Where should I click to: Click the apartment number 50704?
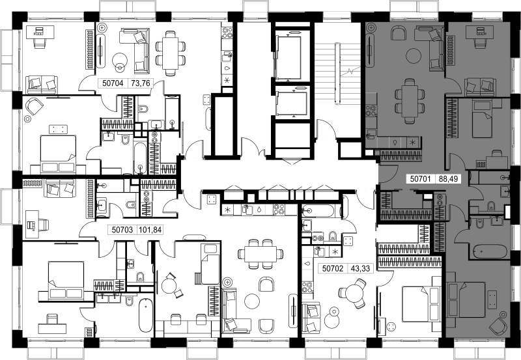pyautogui.click(x=113, y=83)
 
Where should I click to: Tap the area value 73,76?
pyautogui.click(x=141, y=83)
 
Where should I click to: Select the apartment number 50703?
pyautogui.click(x=122, y=230)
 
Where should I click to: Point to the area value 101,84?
pyautogui.click(x=150, y=230)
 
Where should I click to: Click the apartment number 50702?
pyautogui.click(x=333, y=268)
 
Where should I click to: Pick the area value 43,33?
pyautogui.click(x=360, y=268)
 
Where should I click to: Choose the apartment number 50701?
pyautogui.click(x=420, y=179)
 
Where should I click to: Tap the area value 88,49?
pyautogui.click(x=448, y=179)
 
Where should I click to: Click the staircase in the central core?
pyautogui.click(x=337, y=72)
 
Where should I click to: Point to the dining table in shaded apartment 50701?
pyautogui.click(x=410, y=101)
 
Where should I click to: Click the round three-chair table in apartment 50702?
pyautogui.click(x=354, y=292)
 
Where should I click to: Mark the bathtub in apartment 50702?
pyautogui.click(x=320, y=210)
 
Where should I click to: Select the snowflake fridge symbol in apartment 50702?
pyautogui.click(x=335, y=251)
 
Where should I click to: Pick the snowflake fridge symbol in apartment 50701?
pyautogui.click(x=413, y=142)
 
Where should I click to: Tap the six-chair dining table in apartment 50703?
pyautogui.click(x=260, y=254)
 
